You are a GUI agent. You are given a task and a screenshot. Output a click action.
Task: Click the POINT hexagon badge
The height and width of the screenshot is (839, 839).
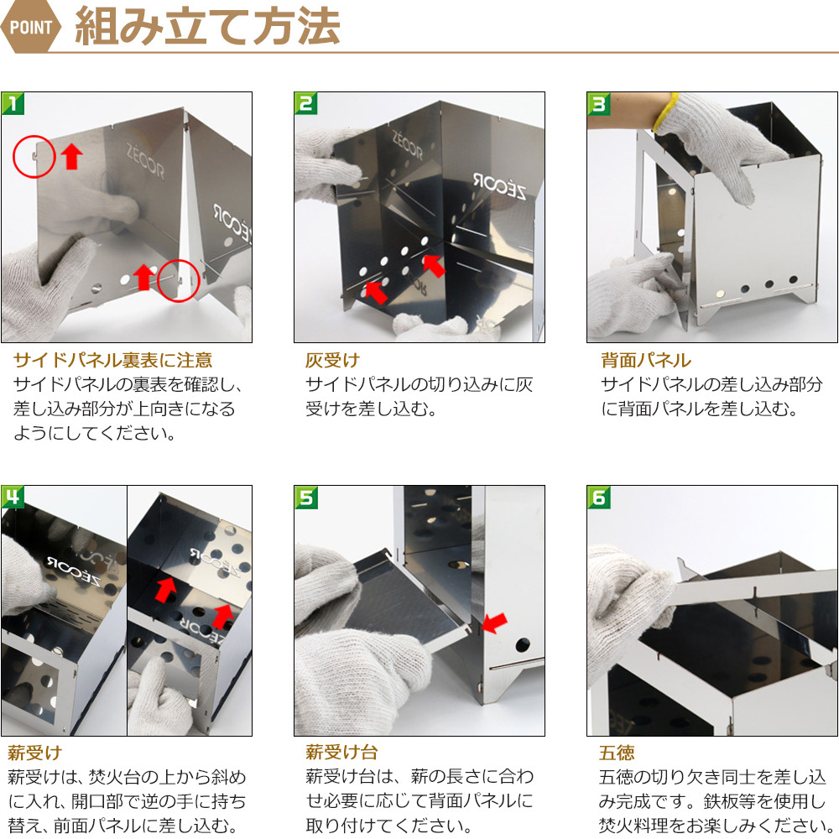[x=31, y=27]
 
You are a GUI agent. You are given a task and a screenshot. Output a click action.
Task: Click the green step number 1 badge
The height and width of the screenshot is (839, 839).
[x=13, y=103]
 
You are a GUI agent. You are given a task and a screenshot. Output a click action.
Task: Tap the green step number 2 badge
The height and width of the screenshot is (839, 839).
[x=306, y=103]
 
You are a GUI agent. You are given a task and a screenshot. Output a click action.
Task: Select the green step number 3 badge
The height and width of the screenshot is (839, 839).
[x=599, y=103]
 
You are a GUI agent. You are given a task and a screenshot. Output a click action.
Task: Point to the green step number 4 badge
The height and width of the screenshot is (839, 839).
[x=13, y=497]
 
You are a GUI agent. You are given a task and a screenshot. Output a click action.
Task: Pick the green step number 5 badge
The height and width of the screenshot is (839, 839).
[x=306, y=497]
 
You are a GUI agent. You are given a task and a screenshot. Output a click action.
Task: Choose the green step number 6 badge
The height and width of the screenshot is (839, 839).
[x=599, y=497]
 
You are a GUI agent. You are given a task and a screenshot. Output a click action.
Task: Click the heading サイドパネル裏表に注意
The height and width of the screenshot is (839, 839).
[x=113, y=360]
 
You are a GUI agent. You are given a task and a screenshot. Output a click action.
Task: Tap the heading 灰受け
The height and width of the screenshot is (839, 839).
[x=332, y=360]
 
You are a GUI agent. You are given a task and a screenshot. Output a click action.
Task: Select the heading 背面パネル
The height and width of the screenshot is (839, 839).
[x=646, y=360]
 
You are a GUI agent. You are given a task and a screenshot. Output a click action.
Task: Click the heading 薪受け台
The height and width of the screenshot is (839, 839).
[x=341, y=753]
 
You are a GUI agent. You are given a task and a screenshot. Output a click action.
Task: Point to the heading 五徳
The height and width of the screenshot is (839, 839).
[x=617, y=753]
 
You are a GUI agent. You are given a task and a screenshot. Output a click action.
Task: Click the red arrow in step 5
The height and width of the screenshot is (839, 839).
[x=493, y=623]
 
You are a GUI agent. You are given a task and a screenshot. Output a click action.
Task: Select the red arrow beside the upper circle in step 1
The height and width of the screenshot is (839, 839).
[x=71, y=156]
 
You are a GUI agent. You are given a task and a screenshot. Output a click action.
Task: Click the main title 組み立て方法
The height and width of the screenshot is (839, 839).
[x=207, y=26]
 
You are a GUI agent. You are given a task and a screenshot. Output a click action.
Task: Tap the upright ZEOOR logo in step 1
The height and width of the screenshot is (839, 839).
[x=145, y=160]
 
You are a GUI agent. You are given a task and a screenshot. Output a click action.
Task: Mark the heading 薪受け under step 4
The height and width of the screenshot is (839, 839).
[x=34, y=753]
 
